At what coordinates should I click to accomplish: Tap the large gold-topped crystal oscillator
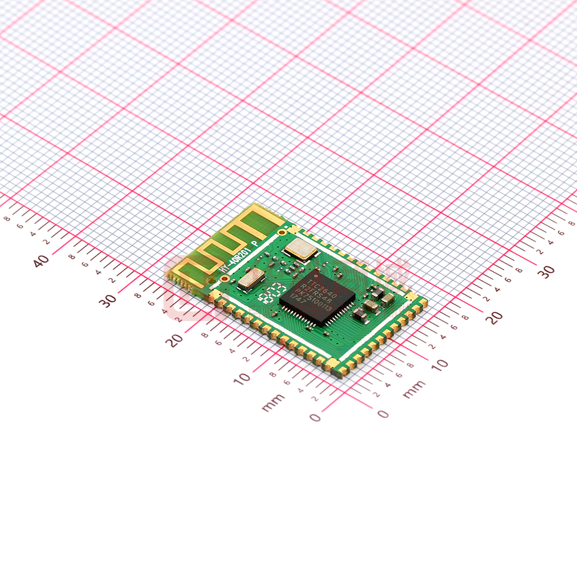point(300,251)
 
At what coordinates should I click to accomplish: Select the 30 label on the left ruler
point(109,300)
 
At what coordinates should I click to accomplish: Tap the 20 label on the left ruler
point(174,339)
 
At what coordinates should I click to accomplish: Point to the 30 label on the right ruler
point(546,271)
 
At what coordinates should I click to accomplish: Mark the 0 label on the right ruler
point(383,414)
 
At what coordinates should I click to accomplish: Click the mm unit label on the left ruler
point(273,402)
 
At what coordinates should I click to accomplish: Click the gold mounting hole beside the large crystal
point(282,232)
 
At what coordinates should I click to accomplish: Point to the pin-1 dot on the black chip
point(316,273)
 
